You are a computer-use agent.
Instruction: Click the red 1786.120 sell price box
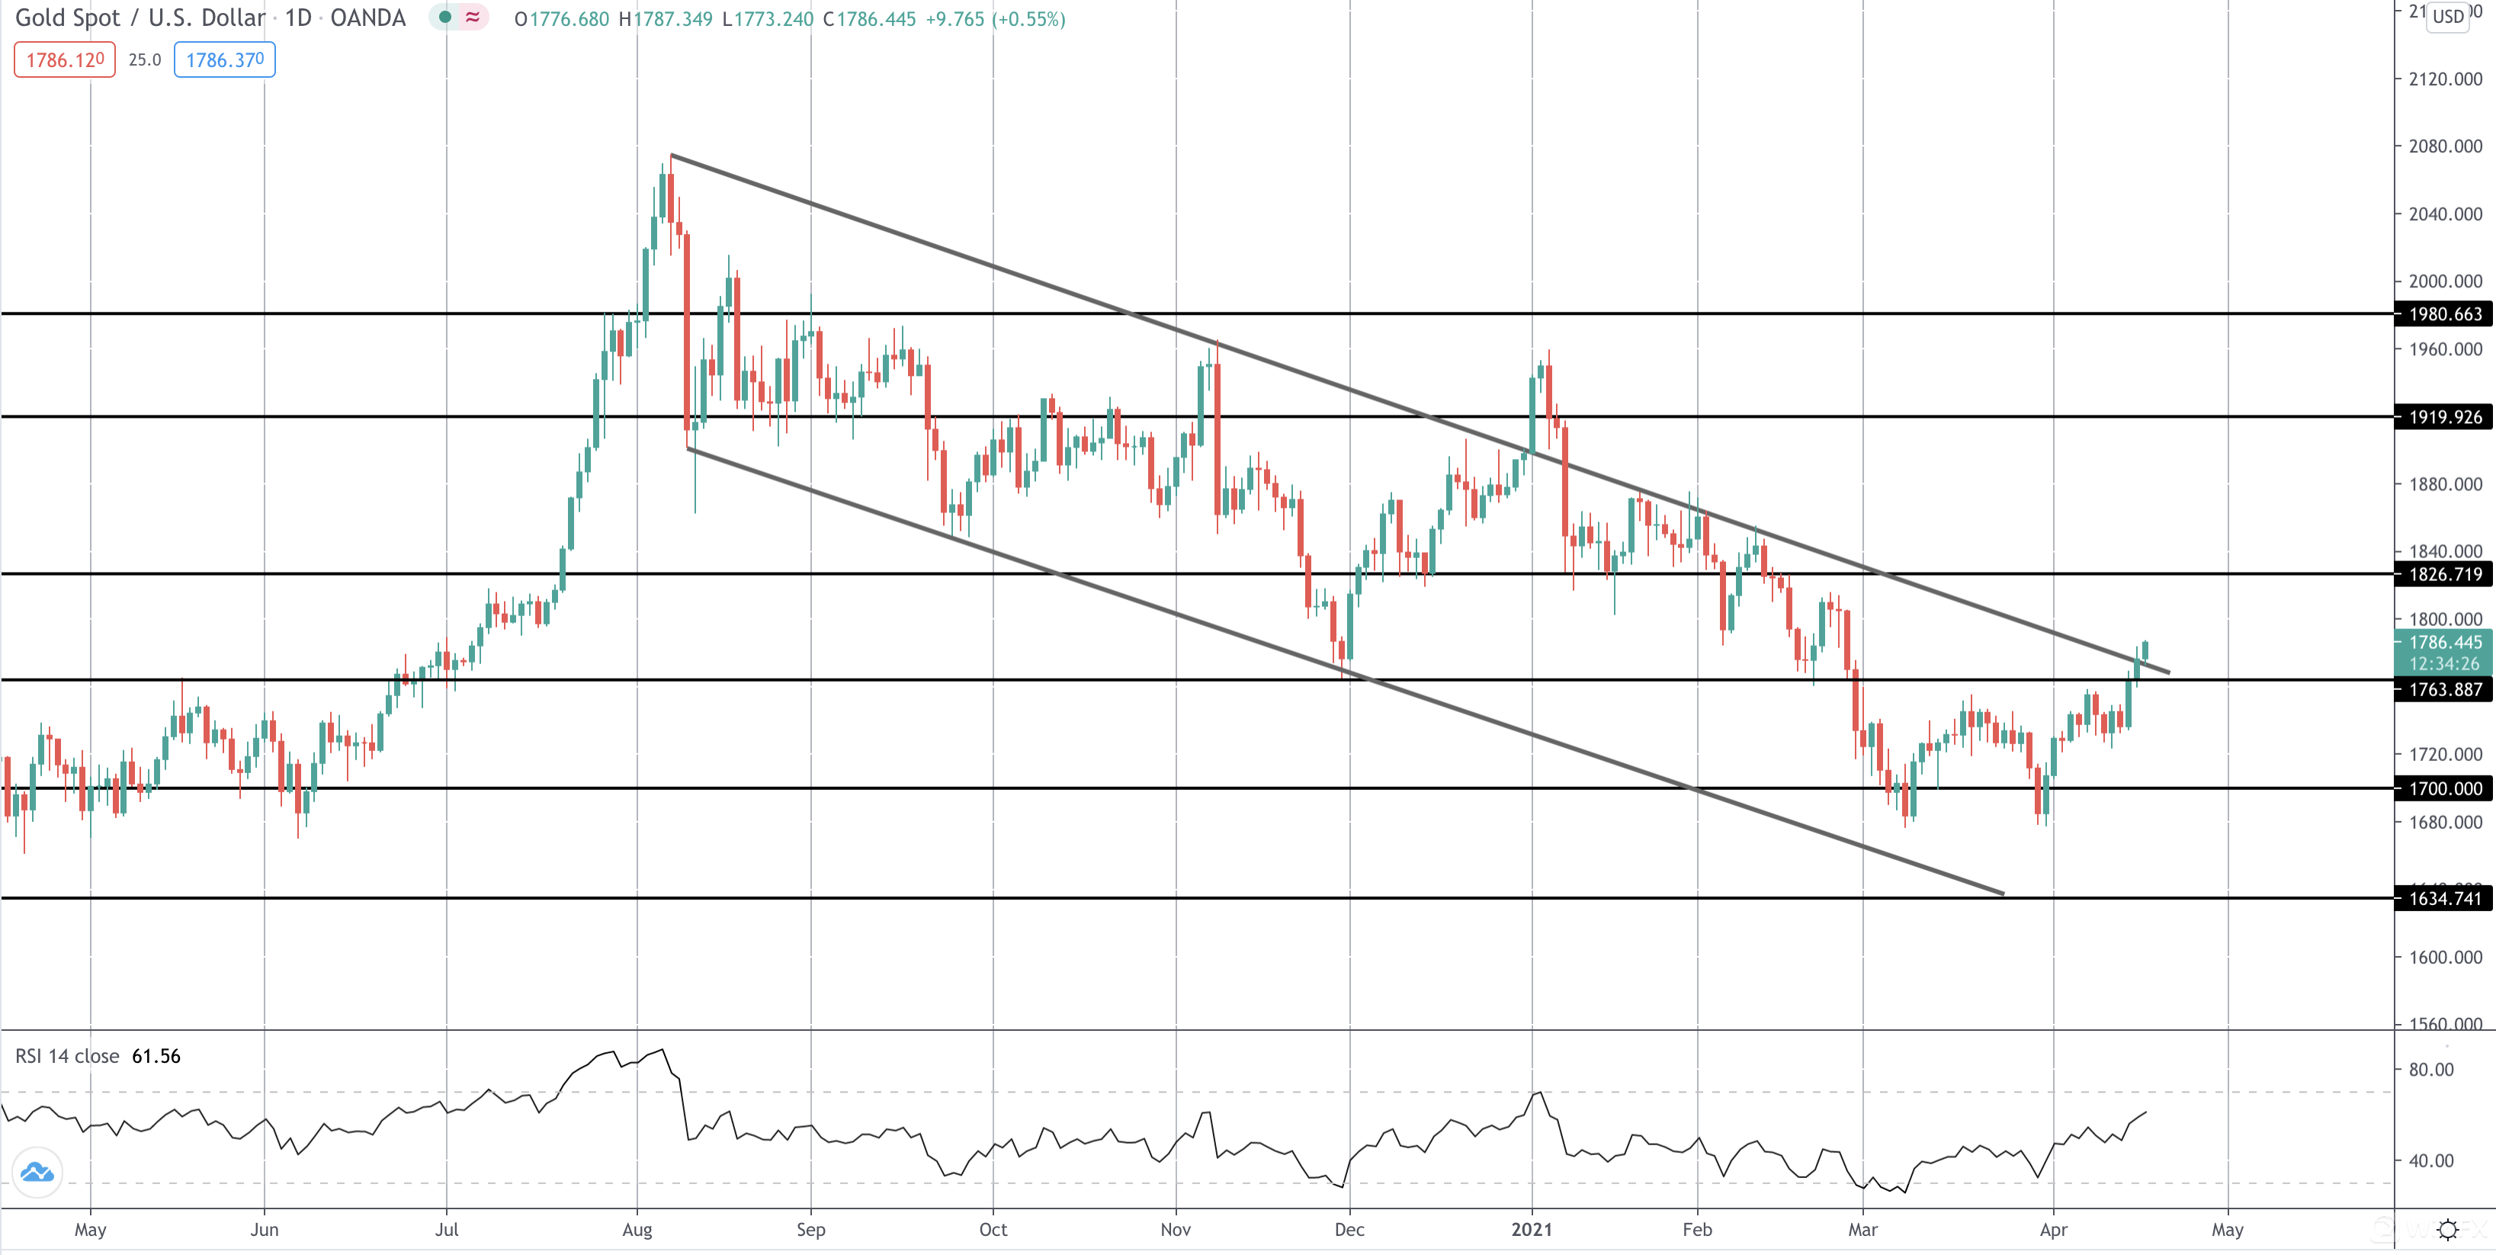click(65, 60)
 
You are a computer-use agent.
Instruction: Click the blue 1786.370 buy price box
click(224, 60)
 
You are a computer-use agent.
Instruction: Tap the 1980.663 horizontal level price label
click(2445, 314)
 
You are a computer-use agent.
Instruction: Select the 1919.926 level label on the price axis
click(2445, 418)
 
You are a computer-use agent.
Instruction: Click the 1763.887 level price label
click(2445, 690)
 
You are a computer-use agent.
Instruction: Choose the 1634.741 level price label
click(2445, 898)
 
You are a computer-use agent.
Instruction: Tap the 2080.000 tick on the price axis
click(2445, 146)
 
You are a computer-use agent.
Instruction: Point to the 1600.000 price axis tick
click(2445, 958)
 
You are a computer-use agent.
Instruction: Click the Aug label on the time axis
click(637, 1230)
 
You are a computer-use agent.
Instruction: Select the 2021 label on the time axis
click(1531, 1230)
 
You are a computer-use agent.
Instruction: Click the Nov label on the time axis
click(1176, 1230)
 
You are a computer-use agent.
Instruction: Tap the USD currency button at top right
click(2447, 17)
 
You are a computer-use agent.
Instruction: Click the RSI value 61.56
click(156, 1056)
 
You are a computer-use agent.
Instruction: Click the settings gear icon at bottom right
click(2447, 1230)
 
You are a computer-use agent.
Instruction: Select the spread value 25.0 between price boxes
click(144, 60)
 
